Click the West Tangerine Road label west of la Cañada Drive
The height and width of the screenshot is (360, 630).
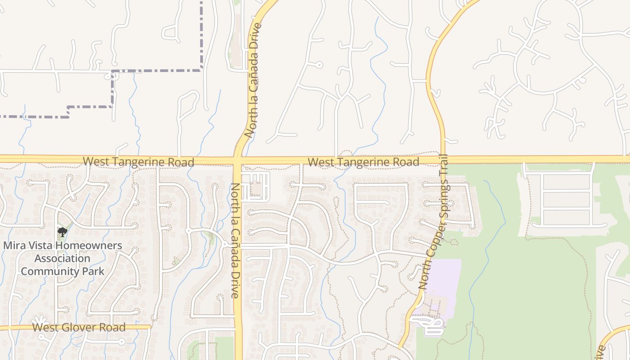click(138, 162)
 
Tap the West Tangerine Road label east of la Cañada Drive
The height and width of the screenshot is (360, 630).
click(363, 162)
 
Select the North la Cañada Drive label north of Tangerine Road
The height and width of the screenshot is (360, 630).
click(253, 80)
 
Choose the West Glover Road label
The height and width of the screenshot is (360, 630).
click(79, 328)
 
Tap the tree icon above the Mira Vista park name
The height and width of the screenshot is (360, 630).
click(63, 232)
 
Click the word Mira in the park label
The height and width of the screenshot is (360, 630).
click(15, 246)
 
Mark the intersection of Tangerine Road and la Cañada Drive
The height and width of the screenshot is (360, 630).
click(238, 160)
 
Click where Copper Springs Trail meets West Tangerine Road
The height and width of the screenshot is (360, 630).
click(443, 159)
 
